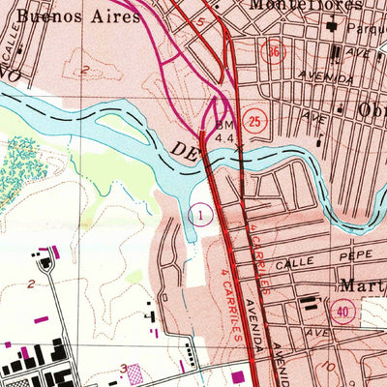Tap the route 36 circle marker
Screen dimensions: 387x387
point(277,51)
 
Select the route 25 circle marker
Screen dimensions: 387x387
point(254,121)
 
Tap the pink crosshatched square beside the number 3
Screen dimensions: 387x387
point(134,372)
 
